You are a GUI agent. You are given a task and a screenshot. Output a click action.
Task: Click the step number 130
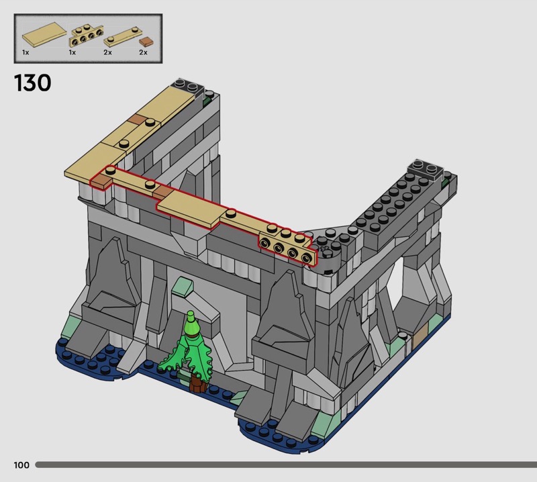coord(32,83)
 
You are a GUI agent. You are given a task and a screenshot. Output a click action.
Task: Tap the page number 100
coord(21,465)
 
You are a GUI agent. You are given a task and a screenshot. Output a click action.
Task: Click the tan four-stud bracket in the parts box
coord(87,36)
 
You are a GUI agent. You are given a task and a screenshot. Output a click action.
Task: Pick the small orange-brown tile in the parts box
coord(146,42)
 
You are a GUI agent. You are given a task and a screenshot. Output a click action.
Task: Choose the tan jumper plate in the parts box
coord(123,37)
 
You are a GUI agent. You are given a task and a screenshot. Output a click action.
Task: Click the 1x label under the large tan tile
coord(26,52)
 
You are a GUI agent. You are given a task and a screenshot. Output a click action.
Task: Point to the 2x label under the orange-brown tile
coord(143,52)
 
